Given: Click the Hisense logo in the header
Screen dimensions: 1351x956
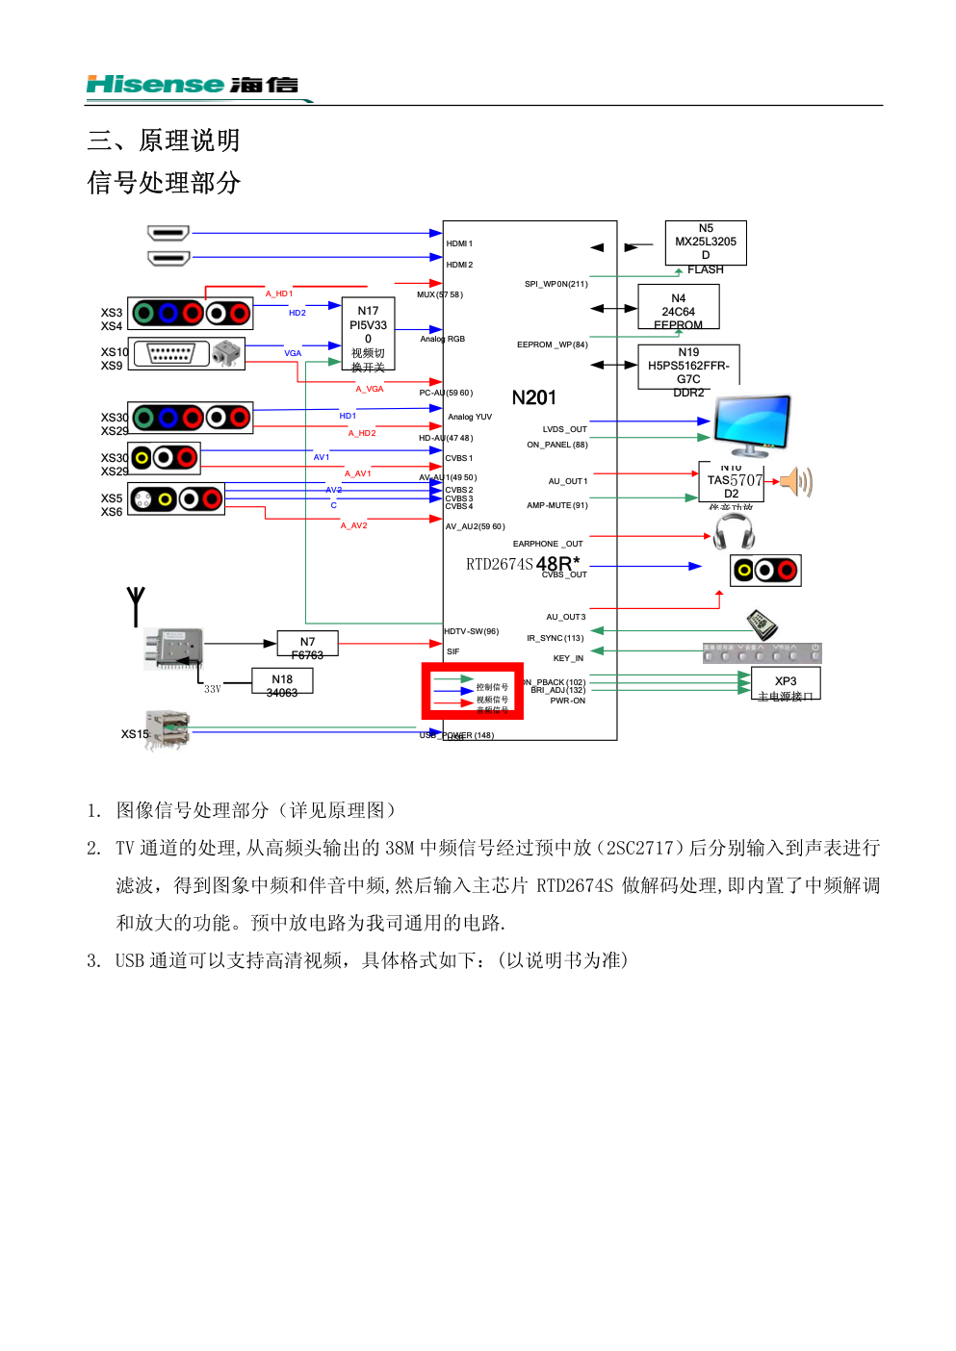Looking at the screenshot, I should (x=193, y=85).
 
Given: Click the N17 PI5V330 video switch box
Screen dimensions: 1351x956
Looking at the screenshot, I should (x=368, y=333).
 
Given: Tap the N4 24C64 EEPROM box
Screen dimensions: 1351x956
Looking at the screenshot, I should (x=678, y=307).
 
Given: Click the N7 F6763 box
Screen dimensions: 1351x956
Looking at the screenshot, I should (x=307, y=644).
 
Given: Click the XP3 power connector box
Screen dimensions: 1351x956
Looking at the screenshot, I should (x=786, y=683).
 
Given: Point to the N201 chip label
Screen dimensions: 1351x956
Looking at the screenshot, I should (x=533, y=398).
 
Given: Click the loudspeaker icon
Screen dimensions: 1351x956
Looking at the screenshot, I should (x=796, y=481).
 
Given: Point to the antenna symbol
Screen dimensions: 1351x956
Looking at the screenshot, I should (x=136, y=606).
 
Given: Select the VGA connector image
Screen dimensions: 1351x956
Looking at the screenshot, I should (x=171, y=353).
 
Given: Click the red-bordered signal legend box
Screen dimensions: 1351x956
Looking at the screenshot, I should (x=472, y=691).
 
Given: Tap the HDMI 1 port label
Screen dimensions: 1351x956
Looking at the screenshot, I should (x=459, y=243).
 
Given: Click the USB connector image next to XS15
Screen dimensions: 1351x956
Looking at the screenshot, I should (x=167, y=730).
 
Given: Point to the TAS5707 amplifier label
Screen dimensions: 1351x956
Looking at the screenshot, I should (x=735, y=480).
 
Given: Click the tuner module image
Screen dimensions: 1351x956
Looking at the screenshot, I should (x=174, y=648).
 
